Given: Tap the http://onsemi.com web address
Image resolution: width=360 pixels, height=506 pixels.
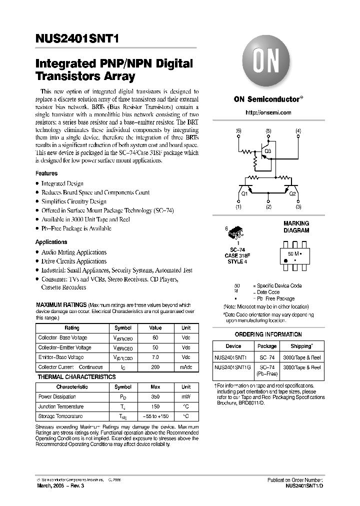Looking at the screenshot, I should tap(268, 113).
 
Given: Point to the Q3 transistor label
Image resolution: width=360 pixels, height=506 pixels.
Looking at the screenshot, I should tap(267, 150).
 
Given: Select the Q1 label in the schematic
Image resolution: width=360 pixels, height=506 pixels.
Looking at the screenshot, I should tap(244, 193).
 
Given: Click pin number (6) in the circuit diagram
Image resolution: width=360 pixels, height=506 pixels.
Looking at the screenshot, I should tap(238, 131).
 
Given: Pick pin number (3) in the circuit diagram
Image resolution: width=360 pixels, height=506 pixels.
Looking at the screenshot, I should tap(298, 206).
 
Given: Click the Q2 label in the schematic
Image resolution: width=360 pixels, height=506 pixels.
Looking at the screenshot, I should tap(292, 193).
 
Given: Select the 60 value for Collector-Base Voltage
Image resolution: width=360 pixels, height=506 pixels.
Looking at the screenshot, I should tap(155, 338).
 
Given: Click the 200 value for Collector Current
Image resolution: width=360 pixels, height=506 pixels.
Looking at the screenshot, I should tap(155, 367).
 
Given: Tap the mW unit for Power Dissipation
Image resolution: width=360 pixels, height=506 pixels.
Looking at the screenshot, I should tap(186, 396).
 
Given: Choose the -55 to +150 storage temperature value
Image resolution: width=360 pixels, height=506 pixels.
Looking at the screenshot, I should tap(155, 416).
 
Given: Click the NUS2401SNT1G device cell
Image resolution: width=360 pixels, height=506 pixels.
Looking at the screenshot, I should tap(230, 367).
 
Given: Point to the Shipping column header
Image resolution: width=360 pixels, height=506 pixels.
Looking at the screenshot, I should tap(302, 346).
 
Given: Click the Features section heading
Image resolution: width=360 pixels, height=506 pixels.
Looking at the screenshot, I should tap(46, 173).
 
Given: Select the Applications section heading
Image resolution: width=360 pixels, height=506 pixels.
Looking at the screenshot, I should tap(51, 242).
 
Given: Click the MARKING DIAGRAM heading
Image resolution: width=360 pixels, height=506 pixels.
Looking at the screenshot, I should tap(296, 227).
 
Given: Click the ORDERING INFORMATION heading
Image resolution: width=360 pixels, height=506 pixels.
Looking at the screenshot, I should tap(268, 334).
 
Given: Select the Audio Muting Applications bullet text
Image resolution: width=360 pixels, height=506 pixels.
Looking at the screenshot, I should tap(74, 252).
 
